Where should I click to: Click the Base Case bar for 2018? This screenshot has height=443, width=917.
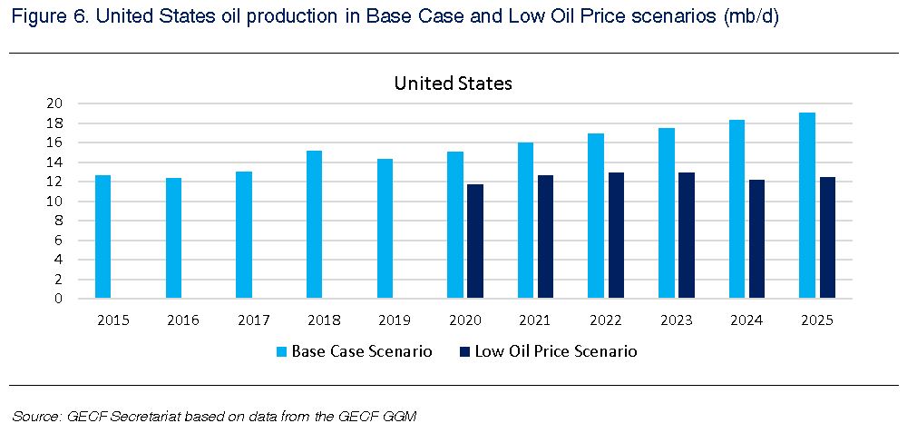[314, 224]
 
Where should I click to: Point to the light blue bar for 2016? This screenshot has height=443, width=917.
[173, 238]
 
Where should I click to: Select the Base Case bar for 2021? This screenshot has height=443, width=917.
[525, 220]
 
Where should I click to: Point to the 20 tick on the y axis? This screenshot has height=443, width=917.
[54, 103]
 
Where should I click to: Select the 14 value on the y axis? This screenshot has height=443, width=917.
[54, 162]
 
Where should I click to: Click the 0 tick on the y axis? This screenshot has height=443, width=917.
[58, 298]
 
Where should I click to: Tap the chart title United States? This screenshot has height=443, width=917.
[453, 84]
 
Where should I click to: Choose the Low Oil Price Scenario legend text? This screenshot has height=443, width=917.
[555, 351]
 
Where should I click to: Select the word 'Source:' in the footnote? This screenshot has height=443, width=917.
[34, 417]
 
